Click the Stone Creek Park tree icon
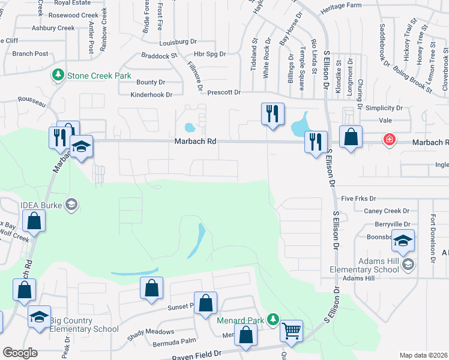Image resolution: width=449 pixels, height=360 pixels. coord(58,76)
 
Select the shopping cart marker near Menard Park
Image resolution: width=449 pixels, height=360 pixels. coord(291,329)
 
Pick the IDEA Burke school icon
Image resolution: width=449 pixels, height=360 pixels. coord(71,205)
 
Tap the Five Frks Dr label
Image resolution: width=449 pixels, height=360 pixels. coord(358,199)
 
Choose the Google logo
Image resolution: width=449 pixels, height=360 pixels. coord(20,353)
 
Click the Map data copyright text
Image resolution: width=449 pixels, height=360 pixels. coord(423,355)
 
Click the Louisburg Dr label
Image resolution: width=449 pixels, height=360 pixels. coord(178,43)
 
